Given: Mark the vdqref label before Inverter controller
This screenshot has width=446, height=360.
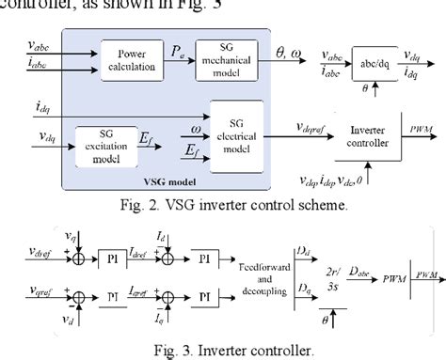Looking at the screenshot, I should coord(319,129).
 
